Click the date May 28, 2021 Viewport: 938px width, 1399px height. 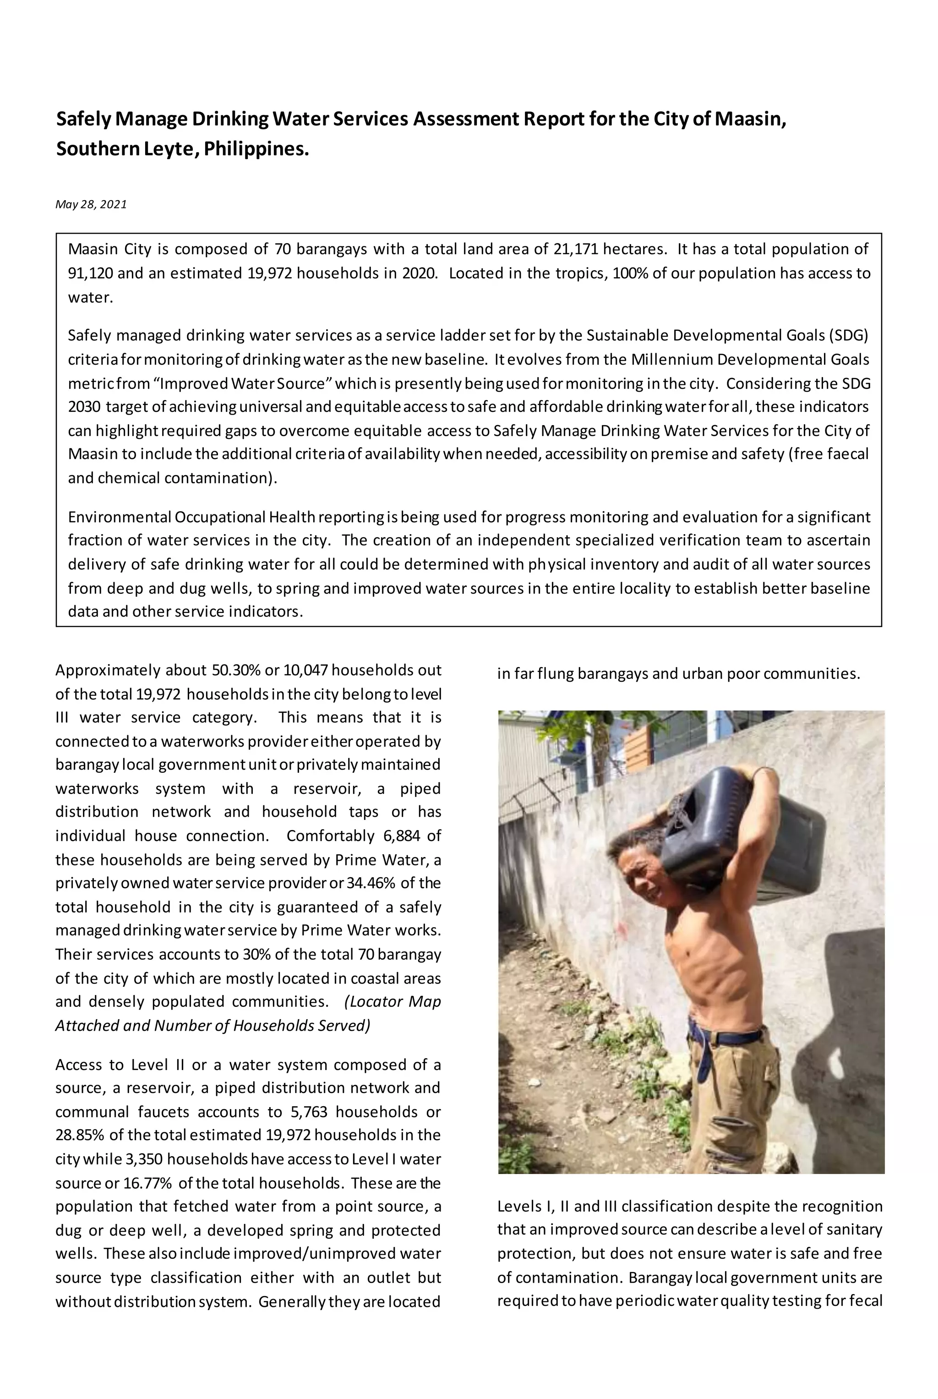(91, 204)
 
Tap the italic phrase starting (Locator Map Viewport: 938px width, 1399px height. (393, 1001)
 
